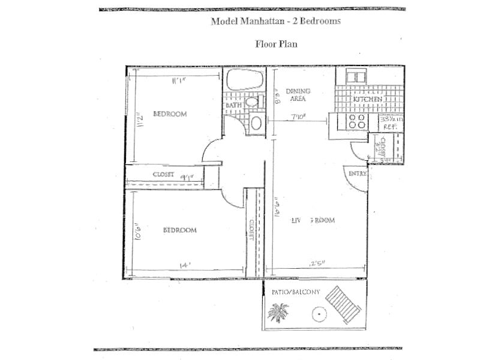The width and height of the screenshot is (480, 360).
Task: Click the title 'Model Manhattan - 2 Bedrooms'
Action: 275,21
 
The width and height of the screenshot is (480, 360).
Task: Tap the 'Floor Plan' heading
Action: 276,44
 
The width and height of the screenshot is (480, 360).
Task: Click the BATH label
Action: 233,106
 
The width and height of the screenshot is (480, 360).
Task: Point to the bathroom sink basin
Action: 256,124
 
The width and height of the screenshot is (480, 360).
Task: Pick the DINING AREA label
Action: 298,95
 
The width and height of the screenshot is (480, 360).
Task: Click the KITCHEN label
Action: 367,99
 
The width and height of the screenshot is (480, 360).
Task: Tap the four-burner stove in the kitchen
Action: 357,121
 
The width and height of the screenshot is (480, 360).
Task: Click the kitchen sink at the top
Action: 354,76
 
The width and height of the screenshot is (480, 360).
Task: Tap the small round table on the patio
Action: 318,314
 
